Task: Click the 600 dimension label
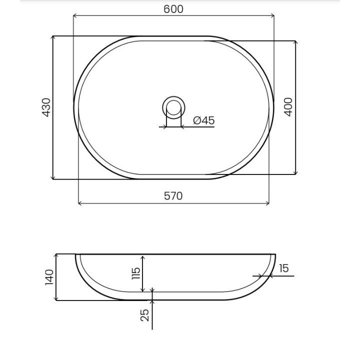pos(173,9)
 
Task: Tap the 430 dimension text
pos(46,107)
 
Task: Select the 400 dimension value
pos(288,107)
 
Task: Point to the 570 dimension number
pos(173,196)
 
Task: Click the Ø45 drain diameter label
pos(204,120)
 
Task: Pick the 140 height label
pos(49,277)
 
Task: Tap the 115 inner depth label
pos(136,273)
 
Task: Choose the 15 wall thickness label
pos(284,268)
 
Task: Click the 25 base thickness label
pos(144,315)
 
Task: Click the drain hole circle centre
pos(173,107)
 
